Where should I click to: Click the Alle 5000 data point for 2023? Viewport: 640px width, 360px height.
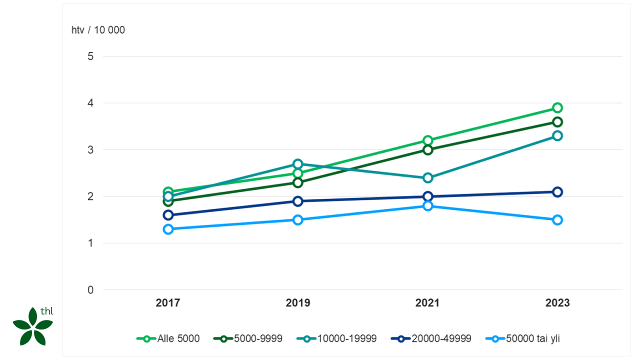[x=557, y=107]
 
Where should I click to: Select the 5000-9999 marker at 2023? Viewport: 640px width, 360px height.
[x=557, y=122]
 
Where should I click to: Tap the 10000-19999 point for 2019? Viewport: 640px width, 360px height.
[x=298, y=164]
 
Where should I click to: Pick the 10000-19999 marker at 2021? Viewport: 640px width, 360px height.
[x=428, y=178]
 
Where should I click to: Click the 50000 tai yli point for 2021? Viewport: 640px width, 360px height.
[x=428, y=206]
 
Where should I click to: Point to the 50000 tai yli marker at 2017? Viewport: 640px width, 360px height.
[x=168, y=229]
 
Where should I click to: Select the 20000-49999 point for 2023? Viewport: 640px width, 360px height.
[x=557, y=192]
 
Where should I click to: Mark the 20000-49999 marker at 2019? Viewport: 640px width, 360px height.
[x=298, y=201]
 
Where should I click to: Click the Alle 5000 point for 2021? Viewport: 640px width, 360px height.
[x=428, y=140]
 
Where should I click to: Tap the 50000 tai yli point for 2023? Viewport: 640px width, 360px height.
[x=557, y=220]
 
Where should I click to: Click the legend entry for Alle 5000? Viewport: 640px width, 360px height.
[x=168, y=338]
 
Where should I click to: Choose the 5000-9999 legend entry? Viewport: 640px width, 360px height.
[x=248, y=338]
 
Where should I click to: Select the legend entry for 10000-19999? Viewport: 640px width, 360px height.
[x=336, y=338]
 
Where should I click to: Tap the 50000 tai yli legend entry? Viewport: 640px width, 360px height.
[x=523, y=338]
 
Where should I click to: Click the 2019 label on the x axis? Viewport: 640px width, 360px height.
[x=298, y=303]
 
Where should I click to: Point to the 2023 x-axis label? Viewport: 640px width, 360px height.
[x=557, y=303]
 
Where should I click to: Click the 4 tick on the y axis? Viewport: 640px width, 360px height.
[x=90, y=103]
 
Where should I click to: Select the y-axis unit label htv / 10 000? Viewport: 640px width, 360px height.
[x=98, y=30]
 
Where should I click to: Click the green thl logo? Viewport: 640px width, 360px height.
[x=33, y=326]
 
